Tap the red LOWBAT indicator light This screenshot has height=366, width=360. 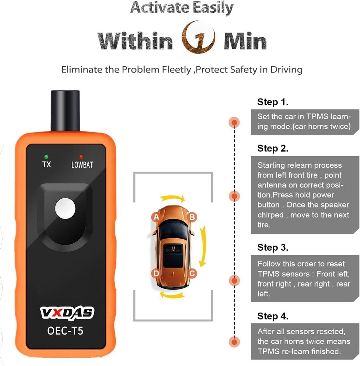point(81,157)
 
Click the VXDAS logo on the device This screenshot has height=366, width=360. point(66,312)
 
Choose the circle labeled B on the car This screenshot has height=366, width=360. point(192,217)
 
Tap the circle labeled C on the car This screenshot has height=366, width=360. point(192,273)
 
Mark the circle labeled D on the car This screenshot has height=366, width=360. point(156,273)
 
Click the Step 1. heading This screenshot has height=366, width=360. point(273,102)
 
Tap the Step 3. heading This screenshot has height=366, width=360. point(273,247)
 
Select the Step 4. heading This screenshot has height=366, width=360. point(273,316)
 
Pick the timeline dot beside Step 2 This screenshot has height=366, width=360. point(234,196)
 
